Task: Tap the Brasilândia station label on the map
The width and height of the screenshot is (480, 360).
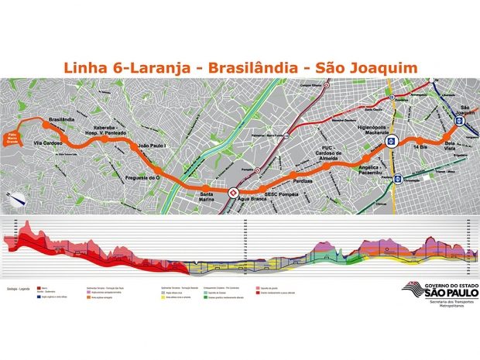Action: coord(62,120)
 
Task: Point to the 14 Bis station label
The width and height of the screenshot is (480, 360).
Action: coord(420,146)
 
